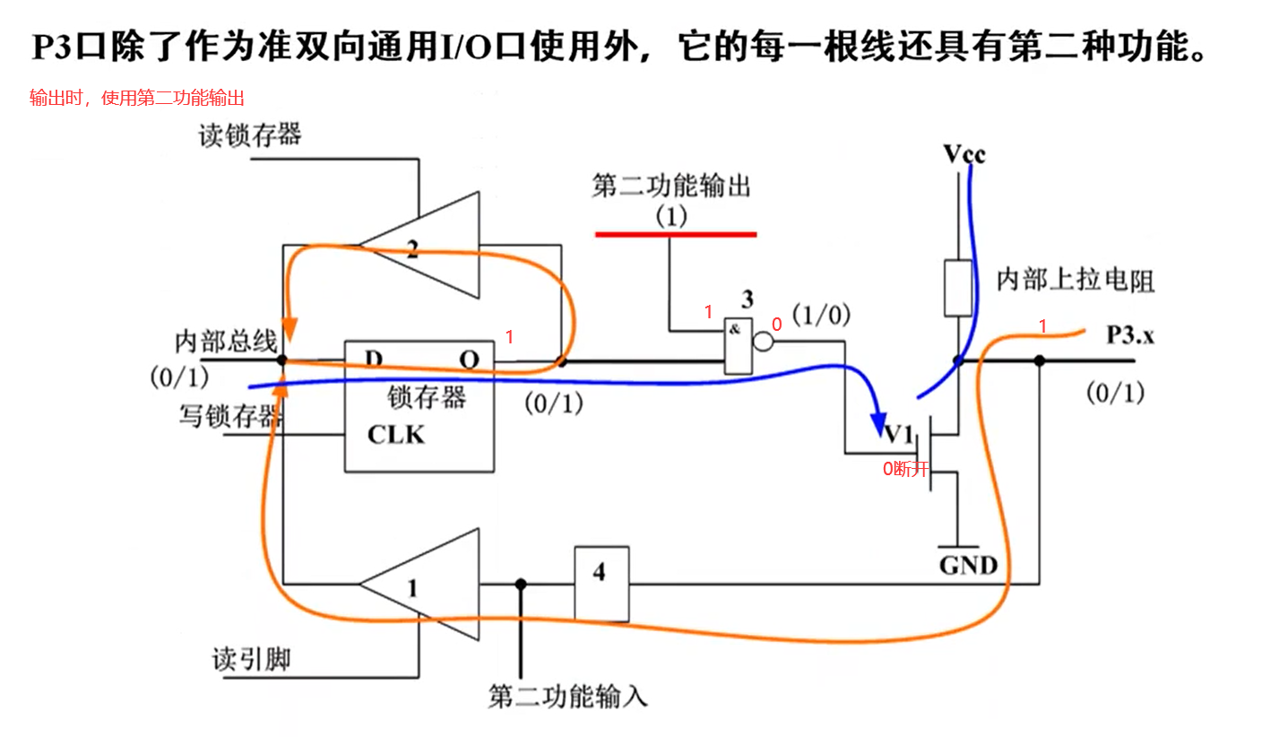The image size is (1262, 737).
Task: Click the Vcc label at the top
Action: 964,154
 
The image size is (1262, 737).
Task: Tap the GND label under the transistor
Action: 968,566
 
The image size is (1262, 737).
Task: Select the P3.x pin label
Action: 1130,335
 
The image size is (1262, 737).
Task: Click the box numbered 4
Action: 602,583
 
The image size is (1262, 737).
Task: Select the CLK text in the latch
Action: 396,435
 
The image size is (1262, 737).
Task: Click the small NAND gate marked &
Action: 737,345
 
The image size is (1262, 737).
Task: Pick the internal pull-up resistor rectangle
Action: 957,288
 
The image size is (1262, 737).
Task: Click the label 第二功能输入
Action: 567,696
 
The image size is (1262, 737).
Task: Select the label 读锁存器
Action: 250,135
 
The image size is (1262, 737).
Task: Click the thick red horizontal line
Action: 676,235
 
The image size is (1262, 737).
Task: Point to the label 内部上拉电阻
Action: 1076,282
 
